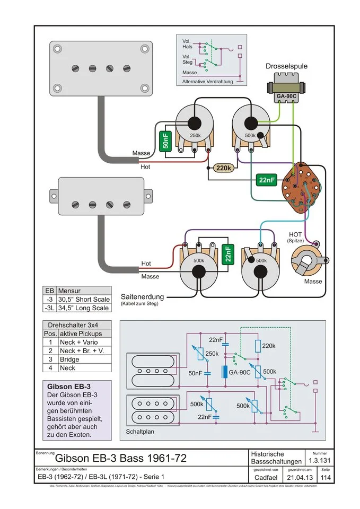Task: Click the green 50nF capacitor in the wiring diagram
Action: (166, 140)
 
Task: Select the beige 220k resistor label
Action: (224, 168)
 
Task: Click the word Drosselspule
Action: (286, 67)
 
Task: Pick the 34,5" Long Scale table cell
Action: (84, 308)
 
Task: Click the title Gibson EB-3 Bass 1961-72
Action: (121, 458)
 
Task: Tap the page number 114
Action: (326, 478)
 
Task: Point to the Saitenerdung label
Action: (143, 296)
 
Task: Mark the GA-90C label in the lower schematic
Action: (240, 373)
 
